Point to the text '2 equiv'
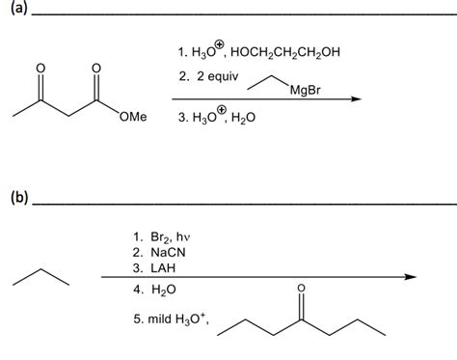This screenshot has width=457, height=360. click(213, 75)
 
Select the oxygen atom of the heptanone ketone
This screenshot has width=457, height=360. click(301, 288)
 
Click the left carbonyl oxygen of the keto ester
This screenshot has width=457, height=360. click(40, 69)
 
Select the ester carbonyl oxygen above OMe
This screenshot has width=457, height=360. click(95, 69)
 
